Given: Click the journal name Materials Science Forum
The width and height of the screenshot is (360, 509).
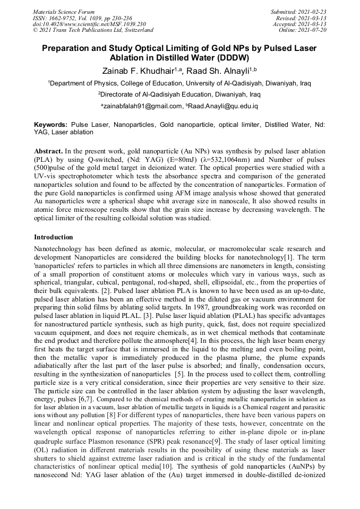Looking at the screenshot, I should (64, 11).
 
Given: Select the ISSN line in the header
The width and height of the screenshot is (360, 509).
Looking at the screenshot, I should (82, 18).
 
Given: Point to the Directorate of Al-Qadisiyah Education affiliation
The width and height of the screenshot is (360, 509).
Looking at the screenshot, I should (179, 94).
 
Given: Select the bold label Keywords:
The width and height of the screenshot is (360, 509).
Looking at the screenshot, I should (50, 124).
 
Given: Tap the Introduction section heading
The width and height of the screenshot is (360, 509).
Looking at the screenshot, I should (54, 237).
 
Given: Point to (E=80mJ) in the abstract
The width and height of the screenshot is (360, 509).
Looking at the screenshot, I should (183, 160).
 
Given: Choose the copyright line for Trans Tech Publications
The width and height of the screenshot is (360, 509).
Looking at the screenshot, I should (93, 30).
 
